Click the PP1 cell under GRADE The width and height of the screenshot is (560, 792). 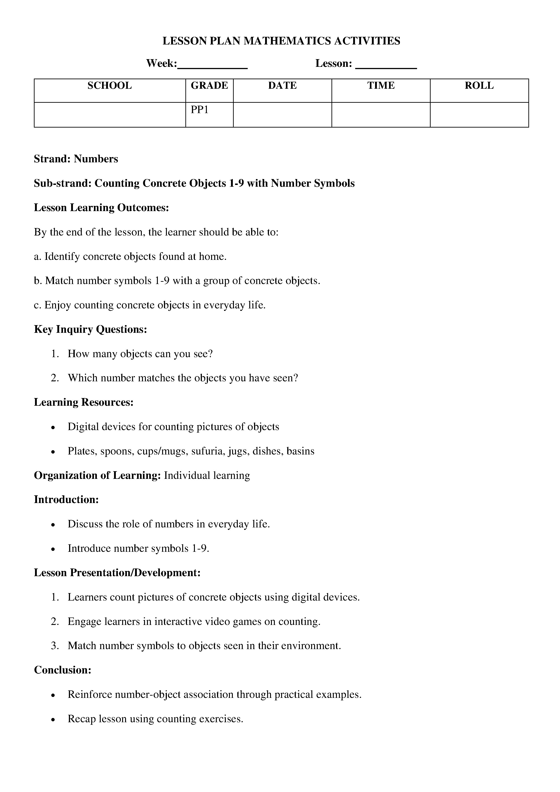click(200, 110)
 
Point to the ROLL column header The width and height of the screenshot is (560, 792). click(479, 86)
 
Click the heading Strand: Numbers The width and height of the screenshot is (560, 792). click(76, 159)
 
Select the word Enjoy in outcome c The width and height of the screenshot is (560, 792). click(58, 305)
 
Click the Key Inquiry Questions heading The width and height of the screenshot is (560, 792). click(90, 329)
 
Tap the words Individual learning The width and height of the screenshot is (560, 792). click(207, 476)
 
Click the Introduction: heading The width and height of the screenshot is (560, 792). click(66, 500)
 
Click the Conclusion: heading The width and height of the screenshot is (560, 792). click(63, 670)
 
